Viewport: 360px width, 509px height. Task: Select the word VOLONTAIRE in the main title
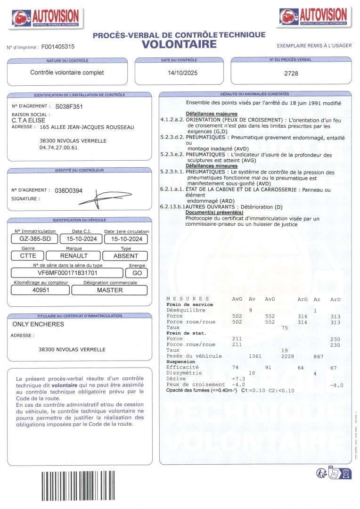click(179, 44)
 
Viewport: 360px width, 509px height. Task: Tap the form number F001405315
click(58, 47)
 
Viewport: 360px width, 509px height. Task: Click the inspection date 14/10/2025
click(182, 73)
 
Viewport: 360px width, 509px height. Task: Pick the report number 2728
click(291, 74)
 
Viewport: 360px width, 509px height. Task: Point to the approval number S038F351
click(69, 107)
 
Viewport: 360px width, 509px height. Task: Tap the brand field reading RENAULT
click(74, 256)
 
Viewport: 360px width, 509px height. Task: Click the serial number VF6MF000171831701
click(67, 273)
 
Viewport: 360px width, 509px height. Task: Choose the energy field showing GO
click(137, 273)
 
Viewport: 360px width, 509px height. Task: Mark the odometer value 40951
click(41, 290)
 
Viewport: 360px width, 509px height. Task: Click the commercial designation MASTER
click(110, 290)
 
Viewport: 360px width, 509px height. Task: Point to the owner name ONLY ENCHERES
click(38, 324)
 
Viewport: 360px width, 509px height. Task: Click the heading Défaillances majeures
click(212, 114)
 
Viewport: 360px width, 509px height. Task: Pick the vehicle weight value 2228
click(287, 357)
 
